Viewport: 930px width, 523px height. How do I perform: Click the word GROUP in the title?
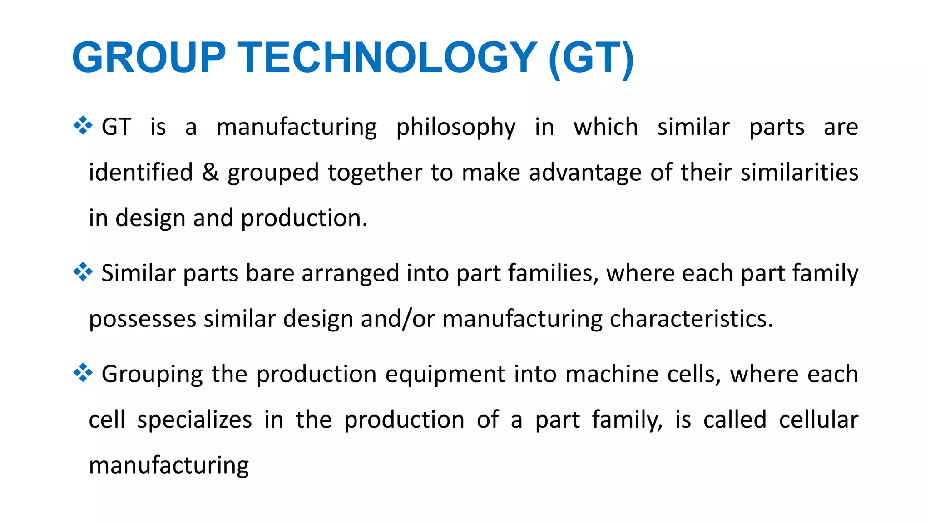[149, 58]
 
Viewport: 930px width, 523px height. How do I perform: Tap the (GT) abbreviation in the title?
[591, 59]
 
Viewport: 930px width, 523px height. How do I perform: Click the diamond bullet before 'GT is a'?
[83, 126]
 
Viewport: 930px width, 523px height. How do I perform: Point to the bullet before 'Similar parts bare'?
[83, 272]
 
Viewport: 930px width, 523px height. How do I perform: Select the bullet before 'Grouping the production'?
[83, 373]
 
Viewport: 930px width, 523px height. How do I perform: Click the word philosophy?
[456, 128]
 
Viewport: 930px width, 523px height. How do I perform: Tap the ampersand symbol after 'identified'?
[210, 173]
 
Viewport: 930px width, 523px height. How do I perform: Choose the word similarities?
[799, 173]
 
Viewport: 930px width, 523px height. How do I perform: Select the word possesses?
[142, 319]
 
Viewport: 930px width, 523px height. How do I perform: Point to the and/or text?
[398, 319]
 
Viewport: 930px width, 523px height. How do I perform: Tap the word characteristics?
[691, 319]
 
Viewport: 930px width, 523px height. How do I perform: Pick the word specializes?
[194, 420]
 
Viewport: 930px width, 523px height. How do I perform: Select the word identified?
[141, 173]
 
